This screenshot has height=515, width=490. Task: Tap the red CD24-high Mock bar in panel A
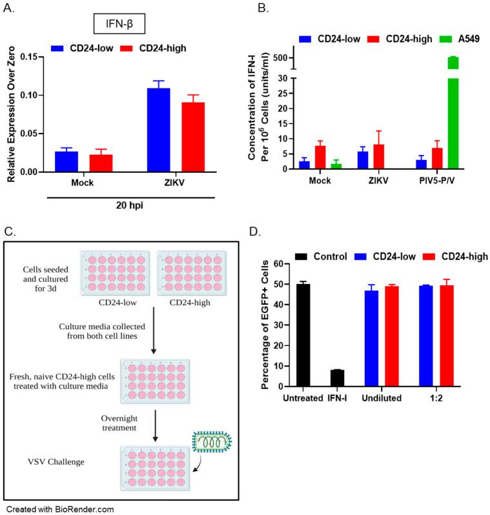click(101, 163)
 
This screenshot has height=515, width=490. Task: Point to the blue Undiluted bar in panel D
click(371, 338)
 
